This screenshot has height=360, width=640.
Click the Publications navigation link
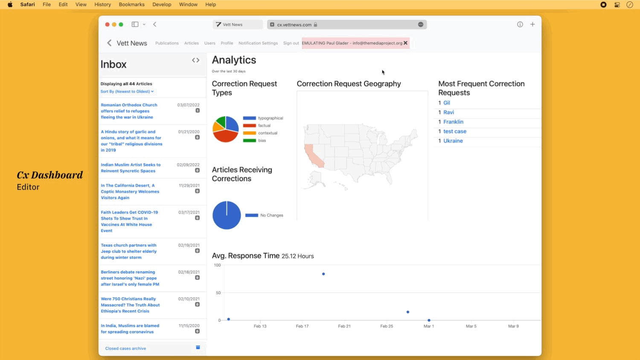click(x=167, y=43)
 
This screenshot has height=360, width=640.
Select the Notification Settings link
click(x=258, y=43)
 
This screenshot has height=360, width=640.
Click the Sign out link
click(x=291, y=43)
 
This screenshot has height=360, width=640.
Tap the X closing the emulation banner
click(x=405, y=43)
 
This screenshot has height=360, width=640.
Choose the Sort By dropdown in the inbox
click(x=127, y=91)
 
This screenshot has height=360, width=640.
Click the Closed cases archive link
click(x=125, y=348)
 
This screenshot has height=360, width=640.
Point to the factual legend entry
click(x=264, y=125)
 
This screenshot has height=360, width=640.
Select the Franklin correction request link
click(x=453, y=122)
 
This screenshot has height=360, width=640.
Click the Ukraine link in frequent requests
click(x=453, y=141)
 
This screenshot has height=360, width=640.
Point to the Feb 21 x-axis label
click(x=344, y=326)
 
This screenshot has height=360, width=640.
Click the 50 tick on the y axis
click(x=218, y=293)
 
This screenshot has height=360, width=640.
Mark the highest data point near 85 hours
click(x=323, y=274)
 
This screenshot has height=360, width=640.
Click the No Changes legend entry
click(x=272, y=215)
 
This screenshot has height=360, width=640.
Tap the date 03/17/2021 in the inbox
click(x=189, y=212)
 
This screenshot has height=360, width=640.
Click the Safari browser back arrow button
click(x=155, y=24)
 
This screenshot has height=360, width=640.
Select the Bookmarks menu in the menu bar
click(x=131, y=5)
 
